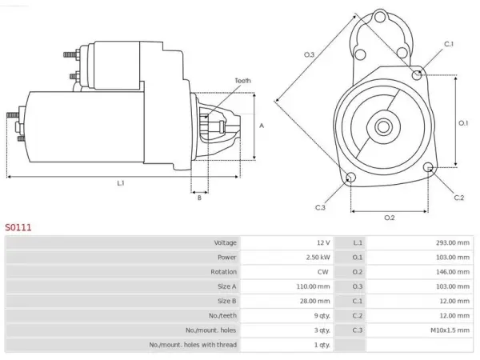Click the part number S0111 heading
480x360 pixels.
point(18,227)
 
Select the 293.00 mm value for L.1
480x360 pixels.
point(453,242)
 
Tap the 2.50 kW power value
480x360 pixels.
point(318,258)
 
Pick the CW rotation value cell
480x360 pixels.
point(323,272)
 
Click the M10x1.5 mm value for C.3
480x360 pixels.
point(450,330)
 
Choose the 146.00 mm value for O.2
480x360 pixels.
point(453,272)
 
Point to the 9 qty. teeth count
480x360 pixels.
point(322,316)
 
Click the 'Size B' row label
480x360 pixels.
point(227,302)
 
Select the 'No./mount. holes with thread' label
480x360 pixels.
point(193,345)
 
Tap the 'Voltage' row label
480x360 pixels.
point(226,242)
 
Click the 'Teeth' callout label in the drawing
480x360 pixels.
point(242,81)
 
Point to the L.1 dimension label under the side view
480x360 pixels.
point(121,183)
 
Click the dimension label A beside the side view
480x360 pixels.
point(262,126)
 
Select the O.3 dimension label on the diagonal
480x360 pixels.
point(309,54)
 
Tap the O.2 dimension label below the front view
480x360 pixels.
point(390,218)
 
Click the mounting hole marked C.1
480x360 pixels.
point(417,74)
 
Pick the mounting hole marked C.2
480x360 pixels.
point(428,167)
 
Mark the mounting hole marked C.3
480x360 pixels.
point(350,178)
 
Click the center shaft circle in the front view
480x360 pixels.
point(383,126)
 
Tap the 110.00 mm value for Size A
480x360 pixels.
point(313,286)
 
